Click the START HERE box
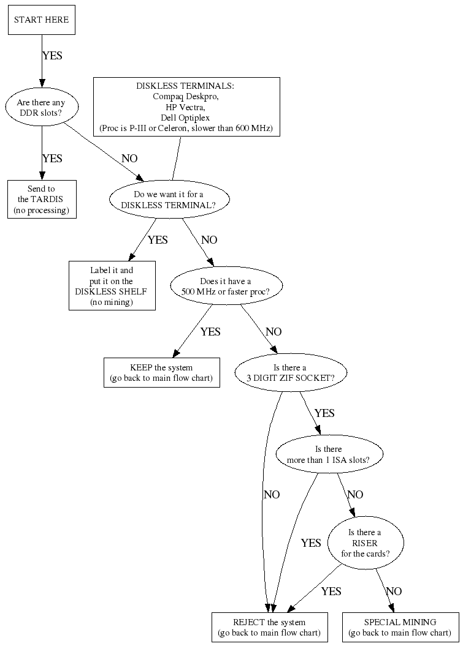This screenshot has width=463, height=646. tap(41, 20)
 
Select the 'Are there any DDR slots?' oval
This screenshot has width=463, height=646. tap(41, 108)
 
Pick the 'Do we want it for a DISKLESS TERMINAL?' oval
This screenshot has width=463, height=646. tap(170, 200)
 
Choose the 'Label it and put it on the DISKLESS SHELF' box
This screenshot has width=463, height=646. tap(111, 286)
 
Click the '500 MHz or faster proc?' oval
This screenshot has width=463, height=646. tap(226, 286)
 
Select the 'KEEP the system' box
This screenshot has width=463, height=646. tap(161, 372)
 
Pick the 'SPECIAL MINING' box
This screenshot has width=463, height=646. tap(400, 627)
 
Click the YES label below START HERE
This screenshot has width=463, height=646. tap(52, 55)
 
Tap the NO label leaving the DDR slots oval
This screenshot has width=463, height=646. tap(129, 159)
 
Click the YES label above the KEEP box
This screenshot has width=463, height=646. tap(210, 332)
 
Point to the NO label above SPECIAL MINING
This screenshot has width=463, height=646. tap(394, 591)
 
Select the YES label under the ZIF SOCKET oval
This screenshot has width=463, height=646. tap(324, 413)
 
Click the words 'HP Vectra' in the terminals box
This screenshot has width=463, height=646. tap(186, 107)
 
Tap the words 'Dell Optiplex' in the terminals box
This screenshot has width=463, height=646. tap(186, 118)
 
